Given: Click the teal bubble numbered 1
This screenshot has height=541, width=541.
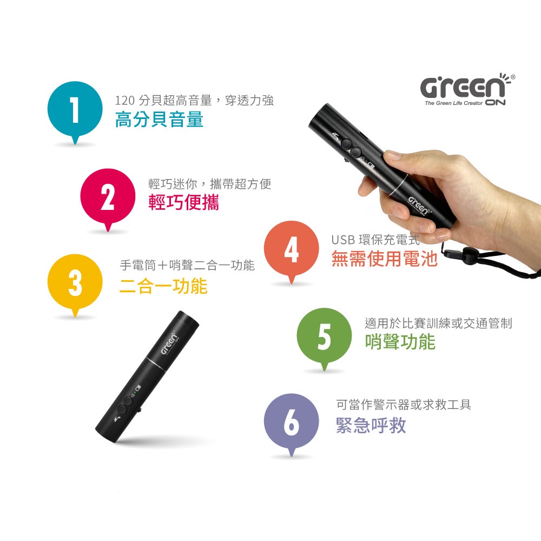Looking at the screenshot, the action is coord(75,110).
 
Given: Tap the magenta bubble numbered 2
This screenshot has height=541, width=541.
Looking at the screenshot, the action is coord(108,197).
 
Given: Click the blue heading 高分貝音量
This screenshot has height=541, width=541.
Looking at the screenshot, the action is coord(159,120).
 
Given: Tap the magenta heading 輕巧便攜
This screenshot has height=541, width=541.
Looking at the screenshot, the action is coord(183,202).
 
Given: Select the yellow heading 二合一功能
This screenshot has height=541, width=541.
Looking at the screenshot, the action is coord(163,286).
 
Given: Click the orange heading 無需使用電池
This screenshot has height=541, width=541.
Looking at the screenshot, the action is coord(384,259).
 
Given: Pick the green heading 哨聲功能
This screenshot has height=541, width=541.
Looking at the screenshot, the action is coord(400,341).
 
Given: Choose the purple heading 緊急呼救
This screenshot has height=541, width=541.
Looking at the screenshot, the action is coord(371,425).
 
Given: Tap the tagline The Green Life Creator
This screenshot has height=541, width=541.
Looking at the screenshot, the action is coord(454,103).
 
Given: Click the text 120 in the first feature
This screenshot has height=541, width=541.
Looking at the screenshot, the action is coord(124,101).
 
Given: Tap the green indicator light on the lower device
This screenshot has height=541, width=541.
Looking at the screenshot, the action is coord(135,392).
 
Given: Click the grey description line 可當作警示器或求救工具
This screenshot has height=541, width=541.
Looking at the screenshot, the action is coord(404,404).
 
